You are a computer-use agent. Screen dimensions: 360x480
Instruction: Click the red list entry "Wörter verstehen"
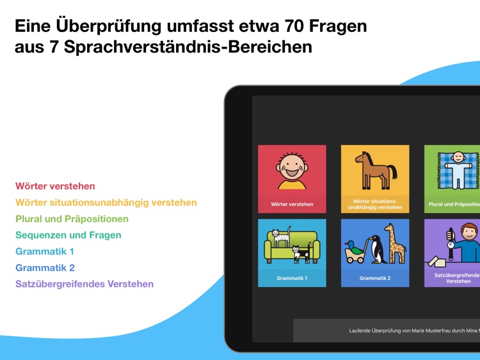click(x=55, y=186)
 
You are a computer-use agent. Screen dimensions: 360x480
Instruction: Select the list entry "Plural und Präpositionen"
click(x=72, y=219)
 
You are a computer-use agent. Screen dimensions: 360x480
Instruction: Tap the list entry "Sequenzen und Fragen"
click(x=68, y=235)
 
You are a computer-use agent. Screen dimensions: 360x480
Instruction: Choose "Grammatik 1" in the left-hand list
click(x=45, y=251)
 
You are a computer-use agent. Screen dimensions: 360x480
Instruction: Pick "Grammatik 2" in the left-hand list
click(x=45, y=267)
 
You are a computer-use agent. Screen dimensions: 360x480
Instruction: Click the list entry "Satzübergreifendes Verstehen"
click(x=84, y=284)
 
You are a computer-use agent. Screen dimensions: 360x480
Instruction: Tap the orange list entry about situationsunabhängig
click(x=106, y=203)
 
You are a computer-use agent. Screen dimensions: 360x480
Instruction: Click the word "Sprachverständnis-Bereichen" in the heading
click(x=193, y=47)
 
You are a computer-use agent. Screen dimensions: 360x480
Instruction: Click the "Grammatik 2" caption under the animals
click(x=375, y=279)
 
